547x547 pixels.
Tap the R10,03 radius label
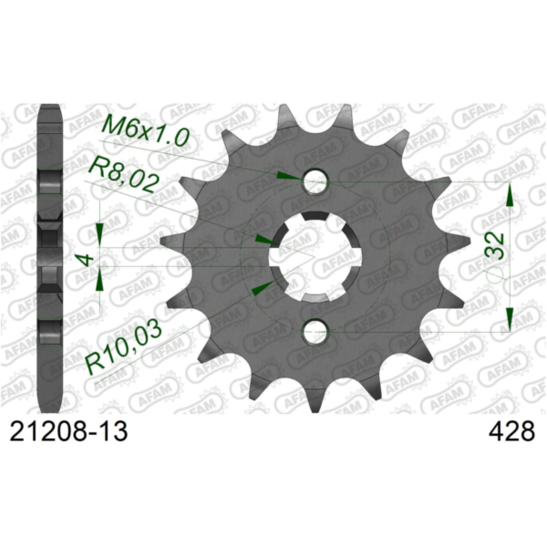pos(123,344)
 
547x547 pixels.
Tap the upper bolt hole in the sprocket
pos(315,181)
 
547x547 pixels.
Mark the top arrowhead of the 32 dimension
pos(511,196)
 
